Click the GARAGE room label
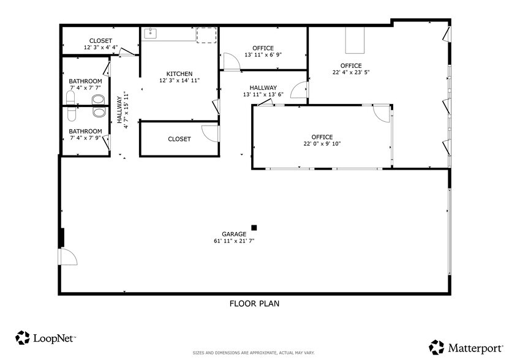[x=235, y=234]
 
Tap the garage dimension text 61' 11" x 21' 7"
[x=235, y=241]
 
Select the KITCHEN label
[x=179, y=73]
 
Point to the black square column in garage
[x=254, y=228]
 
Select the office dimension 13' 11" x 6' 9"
[x=263, y=55]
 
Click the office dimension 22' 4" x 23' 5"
[x=351, y=72]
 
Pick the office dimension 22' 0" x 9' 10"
[x=322, y=144]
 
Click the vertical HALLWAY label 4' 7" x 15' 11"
[x=123, y=110]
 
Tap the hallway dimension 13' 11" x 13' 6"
[x=263, y=94]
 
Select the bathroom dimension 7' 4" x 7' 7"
[x=85, y=88]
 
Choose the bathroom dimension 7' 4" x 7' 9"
[x=85, y=138]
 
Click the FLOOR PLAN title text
[x=255, y=303]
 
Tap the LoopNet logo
[x=46, y=337]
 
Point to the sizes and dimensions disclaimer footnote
[x=254, y=353]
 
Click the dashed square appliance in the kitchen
[x=206, y=36]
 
